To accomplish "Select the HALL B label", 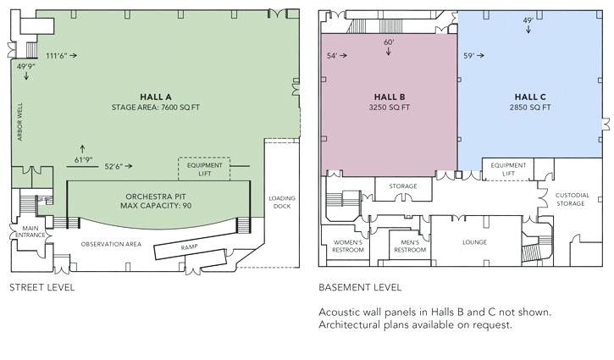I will (390, 97).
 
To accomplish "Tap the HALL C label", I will (531, 97).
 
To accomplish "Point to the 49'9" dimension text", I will (26, 64).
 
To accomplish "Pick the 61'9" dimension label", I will (82, 158).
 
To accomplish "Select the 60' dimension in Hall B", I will (389, 42).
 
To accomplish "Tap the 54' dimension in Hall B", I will (332, 56).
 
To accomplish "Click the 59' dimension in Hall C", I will (469, 56).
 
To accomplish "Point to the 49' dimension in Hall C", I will (528, 20).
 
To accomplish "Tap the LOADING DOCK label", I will (282, 203).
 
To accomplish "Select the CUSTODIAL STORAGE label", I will (572, 199).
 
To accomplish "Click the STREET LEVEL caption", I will (41, 287).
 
